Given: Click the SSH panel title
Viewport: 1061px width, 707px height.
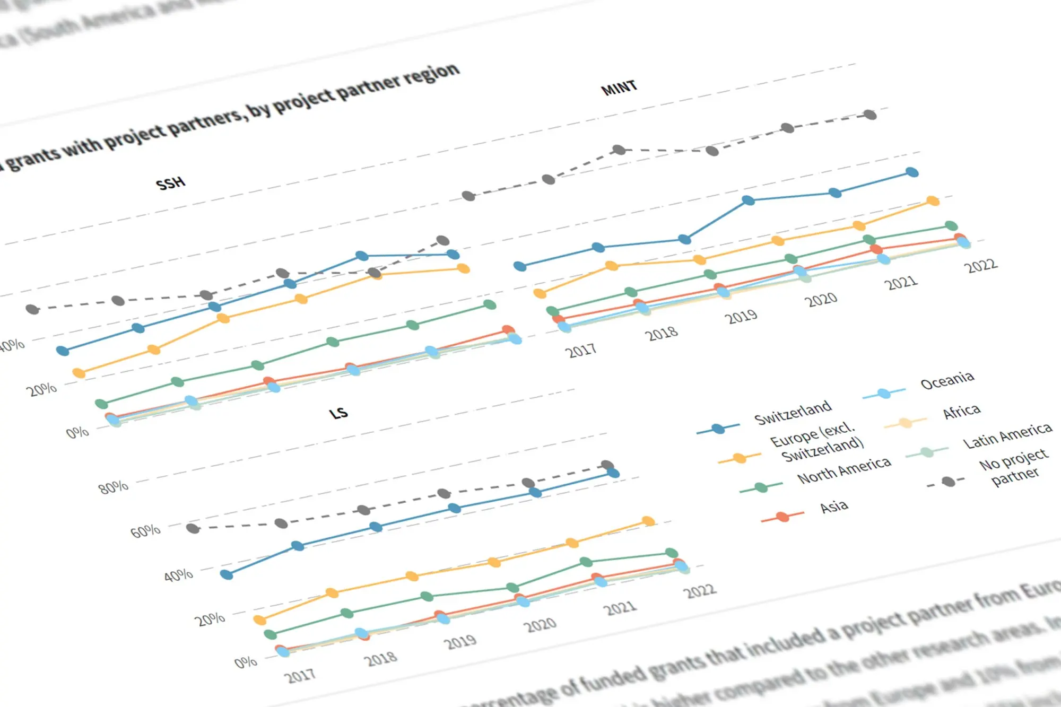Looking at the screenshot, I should [170, 184].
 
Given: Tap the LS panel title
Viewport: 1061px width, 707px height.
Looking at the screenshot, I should [338, 413].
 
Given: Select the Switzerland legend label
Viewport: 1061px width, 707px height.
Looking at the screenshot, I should [793, 412].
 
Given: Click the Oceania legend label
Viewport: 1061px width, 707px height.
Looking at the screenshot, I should [947, 380].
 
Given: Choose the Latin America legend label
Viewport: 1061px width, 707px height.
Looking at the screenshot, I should [1007, 435].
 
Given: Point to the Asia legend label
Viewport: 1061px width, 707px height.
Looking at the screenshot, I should [833, 507].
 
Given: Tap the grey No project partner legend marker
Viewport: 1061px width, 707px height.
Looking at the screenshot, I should [948, 482].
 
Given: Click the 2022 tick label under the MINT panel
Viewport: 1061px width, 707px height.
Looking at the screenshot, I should [981, 265].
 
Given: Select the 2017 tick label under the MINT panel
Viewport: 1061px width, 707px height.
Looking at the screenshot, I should [580, 351].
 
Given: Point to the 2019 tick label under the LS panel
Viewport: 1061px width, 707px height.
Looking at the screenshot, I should [460, 642].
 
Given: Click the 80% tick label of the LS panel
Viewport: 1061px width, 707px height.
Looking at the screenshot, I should [114, 486].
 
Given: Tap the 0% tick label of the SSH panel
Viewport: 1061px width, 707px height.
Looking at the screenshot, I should [77, 432].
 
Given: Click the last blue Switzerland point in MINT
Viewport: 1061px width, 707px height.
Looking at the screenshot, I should [912, 172].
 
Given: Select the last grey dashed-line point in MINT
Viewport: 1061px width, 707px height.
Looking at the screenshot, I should [870, 115].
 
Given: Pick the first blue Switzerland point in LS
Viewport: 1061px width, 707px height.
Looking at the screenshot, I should [227, 574].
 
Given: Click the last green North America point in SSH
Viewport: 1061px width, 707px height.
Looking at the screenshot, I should [490, 305].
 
